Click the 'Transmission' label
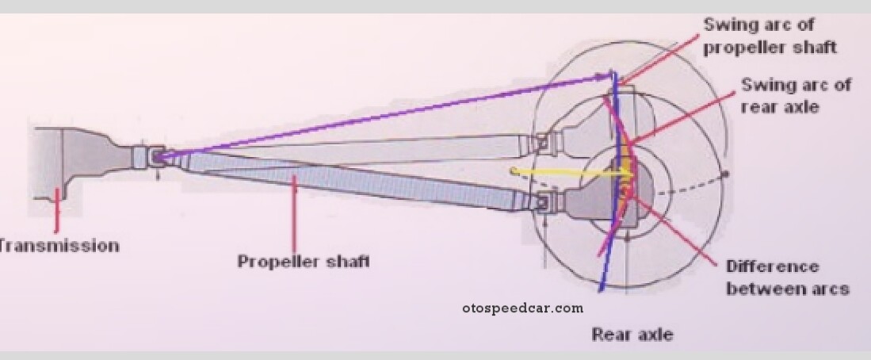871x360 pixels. pos(59,245)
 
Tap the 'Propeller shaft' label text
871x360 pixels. pos(304,261)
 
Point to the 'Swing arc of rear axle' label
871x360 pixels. pos(796,95)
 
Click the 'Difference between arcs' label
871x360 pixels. pos(787,277)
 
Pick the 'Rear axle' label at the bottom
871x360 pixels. pos(632,334)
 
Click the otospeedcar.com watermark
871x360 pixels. pos(522,308)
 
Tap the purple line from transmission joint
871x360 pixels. pos(380,116)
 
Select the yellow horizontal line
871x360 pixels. pos(555,171)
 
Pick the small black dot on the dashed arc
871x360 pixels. pos(724,174)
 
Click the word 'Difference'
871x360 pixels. pos(761,266)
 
